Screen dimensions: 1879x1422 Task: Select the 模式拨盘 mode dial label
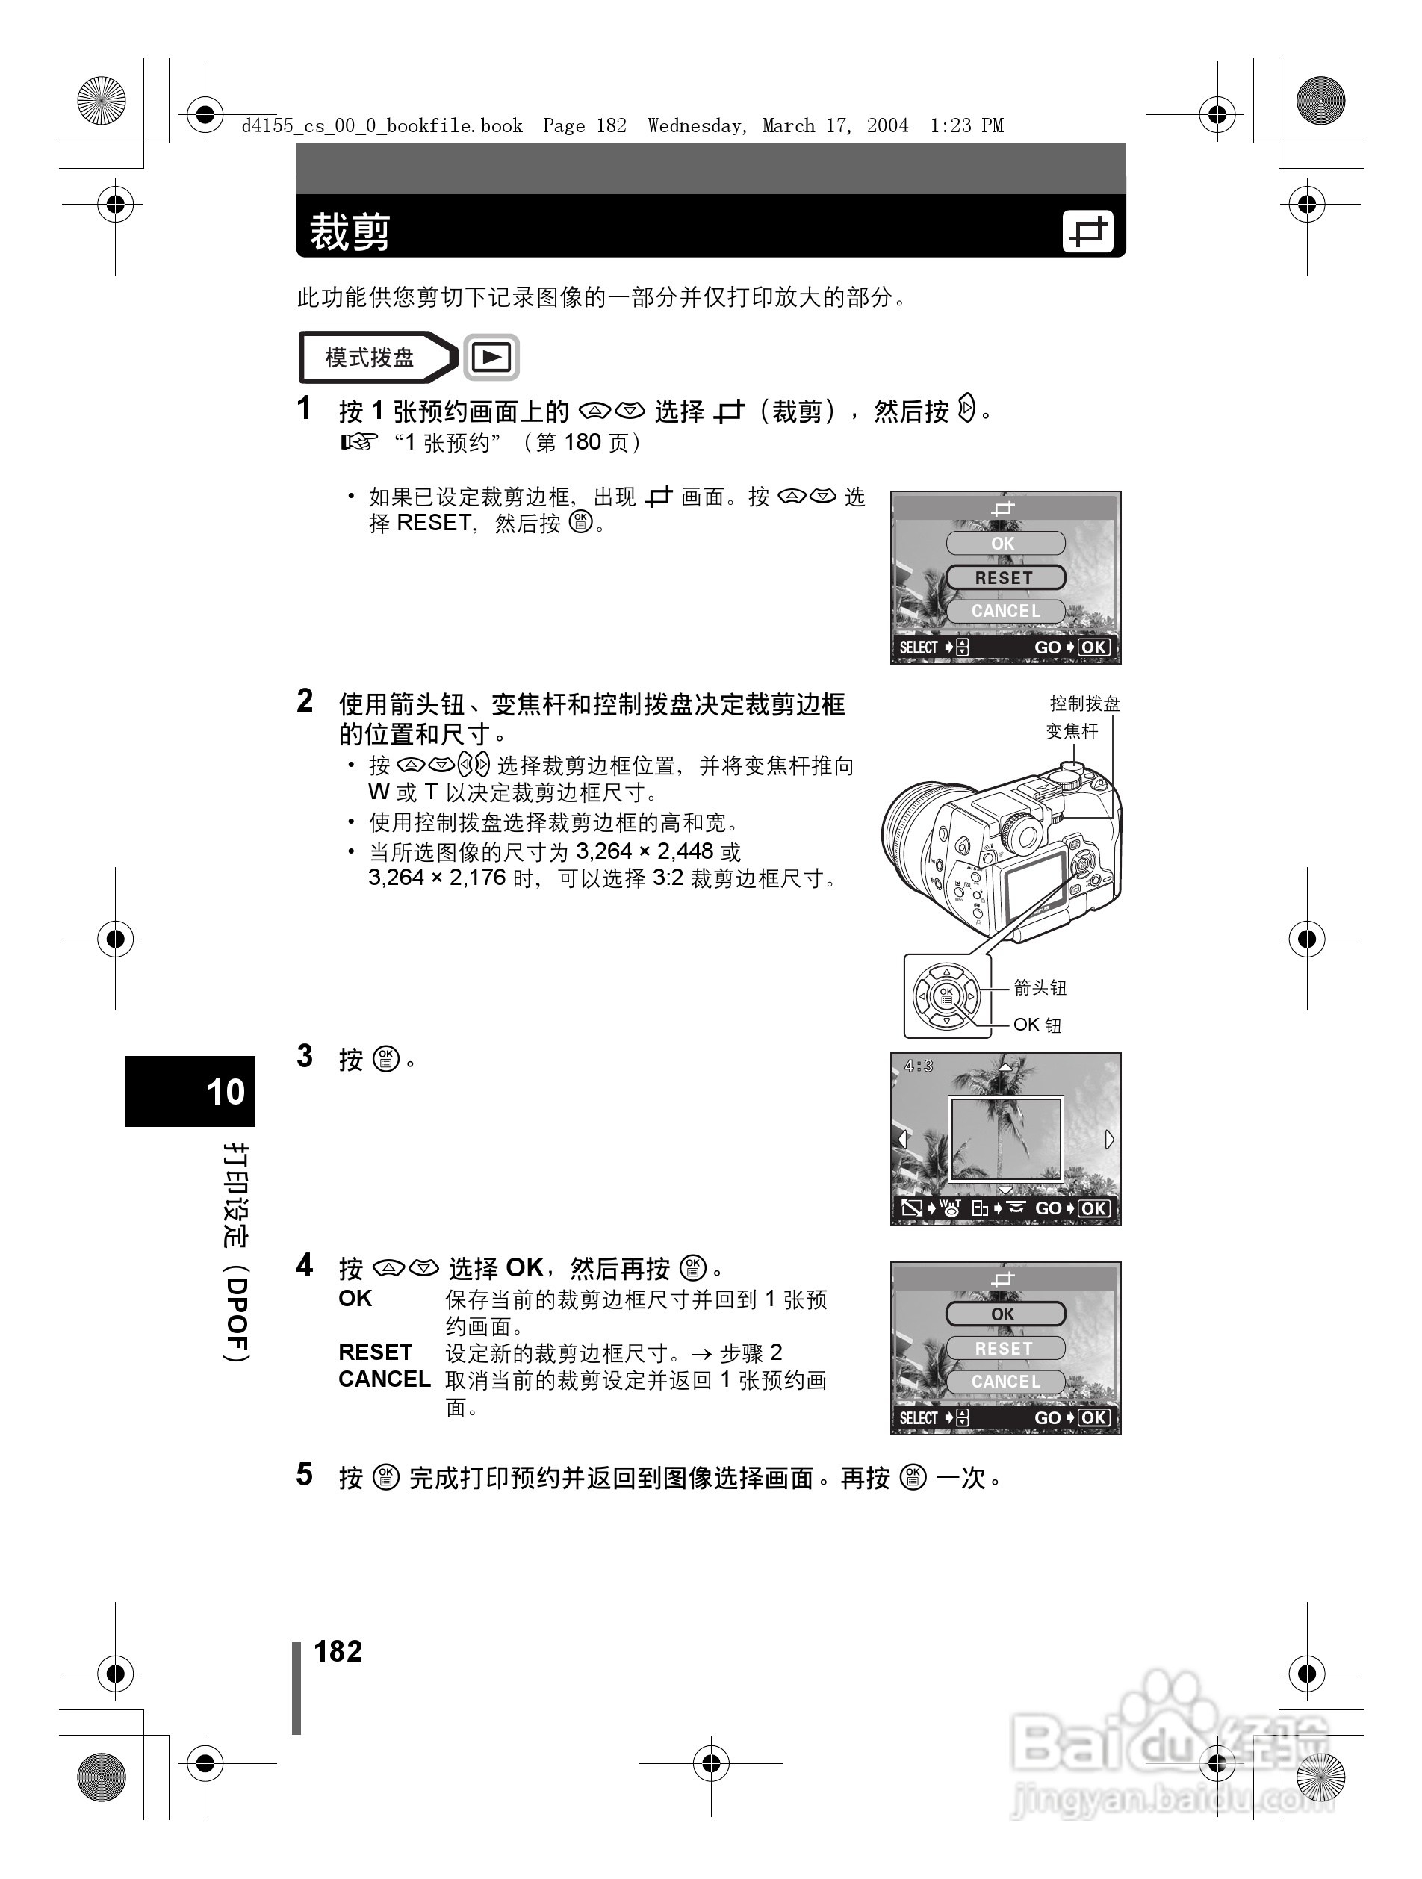tap(370, 358)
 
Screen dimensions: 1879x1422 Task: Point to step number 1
tap(304, 409)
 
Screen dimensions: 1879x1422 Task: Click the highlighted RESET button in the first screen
tap(1005, 577)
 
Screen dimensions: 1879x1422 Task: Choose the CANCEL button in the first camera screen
tap(1005, 611)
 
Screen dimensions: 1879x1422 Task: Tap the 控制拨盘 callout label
tap(1084, 704)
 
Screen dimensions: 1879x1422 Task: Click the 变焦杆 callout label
tap(1072, 731)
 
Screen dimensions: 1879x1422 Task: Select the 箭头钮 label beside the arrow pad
tap(1040, 987)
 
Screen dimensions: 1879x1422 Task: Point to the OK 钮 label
tap(1037, 1025)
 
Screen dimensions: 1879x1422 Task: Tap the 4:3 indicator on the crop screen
tap(919, 1066)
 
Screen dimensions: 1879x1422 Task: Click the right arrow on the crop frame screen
tap(1108, 1139)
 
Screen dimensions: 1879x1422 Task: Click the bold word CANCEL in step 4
tap(384, 1379)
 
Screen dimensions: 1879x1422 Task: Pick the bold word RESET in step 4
tap(375, 1352)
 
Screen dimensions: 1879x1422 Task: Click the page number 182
tap(338, 1651)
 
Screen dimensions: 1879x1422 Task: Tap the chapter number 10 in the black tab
tap(225, 1092)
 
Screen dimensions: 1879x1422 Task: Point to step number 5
tap(304, 1475)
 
